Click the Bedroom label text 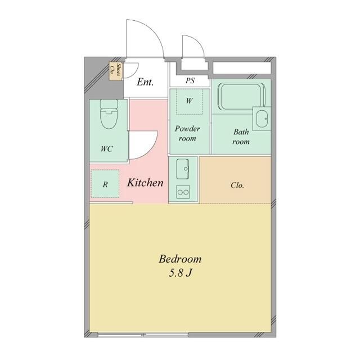coord(180,259)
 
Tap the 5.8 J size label coord(180,274)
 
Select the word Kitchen coord(145,183)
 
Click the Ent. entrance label coord(146,83)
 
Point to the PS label coord(190,80)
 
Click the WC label coord(106,149)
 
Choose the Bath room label coord(241,137)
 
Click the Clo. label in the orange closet coord(237,185)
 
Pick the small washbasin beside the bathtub coord(262,119)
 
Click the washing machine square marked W coord(190,102)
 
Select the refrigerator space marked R coord(105,184)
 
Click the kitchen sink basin coord(183,168)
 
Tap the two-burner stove coord(183,192)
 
